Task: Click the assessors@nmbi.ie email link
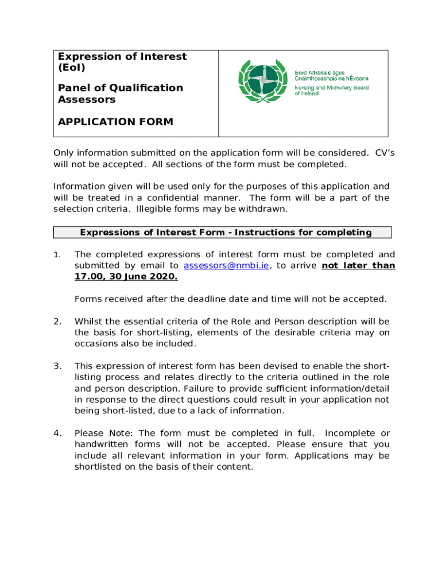[226, 266]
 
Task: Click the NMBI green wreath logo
[263, 82]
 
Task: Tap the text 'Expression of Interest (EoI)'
[122, 62]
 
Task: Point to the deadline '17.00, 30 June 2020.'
[126, 277]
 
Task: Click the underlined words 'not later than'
[358, 266]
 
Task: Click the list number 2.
[57, 322]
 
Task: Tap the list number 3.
[57, 366]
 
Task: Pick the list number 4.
[57, 434]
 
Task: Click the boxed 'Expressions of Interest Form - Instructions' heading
[226, 233]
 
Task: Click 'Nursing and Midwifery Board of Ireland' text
[331, 91]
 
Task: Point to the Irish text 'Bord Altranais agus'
[319, 72]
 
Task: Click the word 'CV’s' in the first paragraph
[384, 153]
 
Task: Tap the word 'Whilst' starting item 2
[88, 322]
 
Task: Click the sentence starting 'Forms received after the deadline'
[230, 299]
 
